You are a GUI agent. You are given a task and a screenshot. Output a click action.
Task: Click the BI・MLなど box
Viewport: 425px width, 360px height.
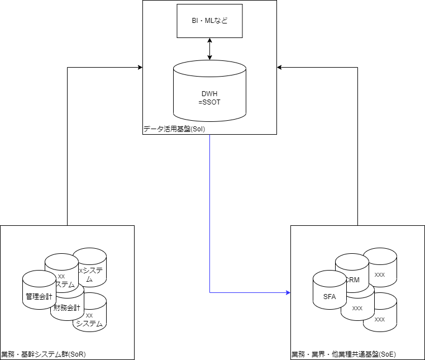click(209, 21)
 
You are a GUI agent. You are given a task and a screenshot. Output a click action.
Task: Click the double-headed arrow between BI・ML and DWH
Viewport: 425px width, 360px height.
click(209, 49)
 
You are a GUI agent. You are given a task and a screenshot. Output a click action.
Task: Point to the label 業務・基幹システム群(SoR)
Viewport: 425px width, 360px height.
click(44, 354)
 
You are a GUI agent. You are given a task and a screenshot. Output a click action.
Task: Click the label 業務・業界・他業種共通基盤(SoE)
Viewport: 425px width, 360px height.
click(343, 354)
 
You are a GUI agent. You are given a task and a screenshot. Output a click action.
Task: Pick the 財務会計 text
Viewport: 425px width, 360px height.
click(67, 308)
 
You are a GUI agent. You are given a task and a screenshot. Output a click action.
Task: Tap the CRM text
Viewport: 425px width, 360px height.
click(353, 279)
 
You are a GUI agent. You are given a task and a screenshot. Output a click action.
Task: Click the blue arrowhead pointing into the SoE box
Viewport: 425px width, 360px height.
click(288, 292)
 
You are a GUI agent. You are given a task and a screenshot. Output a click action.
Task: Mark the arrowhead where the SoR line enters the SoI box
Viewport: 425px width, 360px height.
click(140, 68)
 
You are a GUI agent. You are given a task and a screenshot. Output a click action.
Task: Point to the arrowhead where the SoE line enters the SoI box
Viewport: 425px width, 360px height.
click(280, 68)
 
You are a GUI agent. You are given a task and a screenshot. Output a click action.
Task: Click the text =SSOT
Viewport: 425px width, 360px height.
click(209, 102)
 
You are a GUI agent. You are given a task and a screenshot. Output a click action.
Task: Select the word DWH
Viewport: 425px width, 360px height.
click(209, 93)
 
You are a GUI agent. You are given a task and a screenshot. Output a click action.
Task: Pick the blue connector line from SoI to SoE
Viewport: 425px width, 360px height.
click(209, 224)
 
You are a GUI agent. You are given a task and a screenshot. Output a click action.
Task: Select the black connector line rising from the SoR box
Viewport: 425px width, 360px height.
click(67, 145)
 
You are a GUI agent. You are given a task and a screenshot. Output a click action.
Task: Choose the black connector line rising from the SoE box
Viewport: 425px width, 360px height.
click(357, 145)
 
